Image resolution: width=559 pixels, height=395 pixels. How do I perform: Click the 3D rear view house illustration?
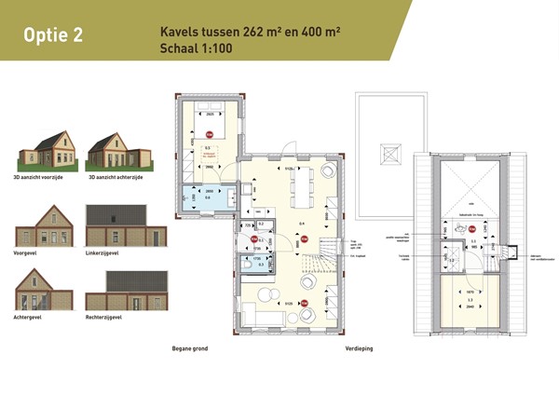click(116, 151)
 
